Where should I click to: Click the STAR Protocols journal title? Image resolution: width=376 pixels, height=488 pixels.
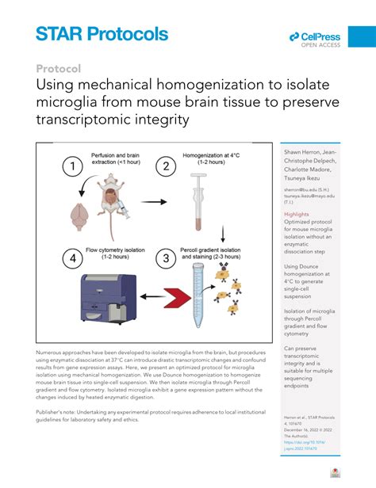(102, 34)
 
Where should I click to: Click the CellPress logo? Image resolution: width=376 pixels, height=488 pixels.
(315, 36)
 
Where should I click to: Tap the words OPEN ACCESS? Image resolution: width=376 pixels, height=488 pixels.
(320, 45)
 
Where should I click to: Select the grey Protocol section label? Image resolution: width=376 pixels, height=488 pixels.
(59, 69)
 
